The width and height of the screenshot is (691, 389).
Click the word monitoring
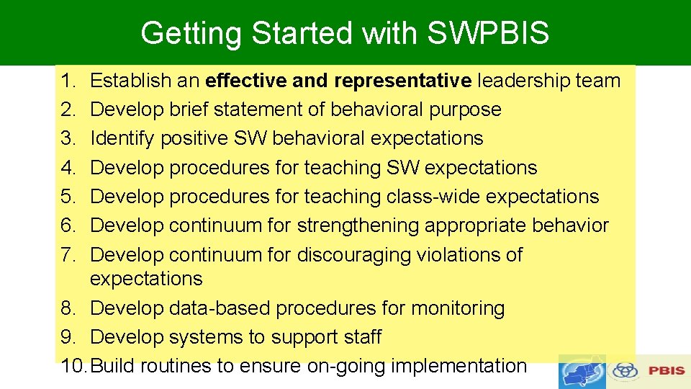click(x=458, y=308)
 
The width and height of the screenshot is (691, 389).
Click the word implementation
click(x=459, y=366)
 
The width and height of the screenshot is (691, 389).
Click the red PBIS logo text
click(x=666, y=370)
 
